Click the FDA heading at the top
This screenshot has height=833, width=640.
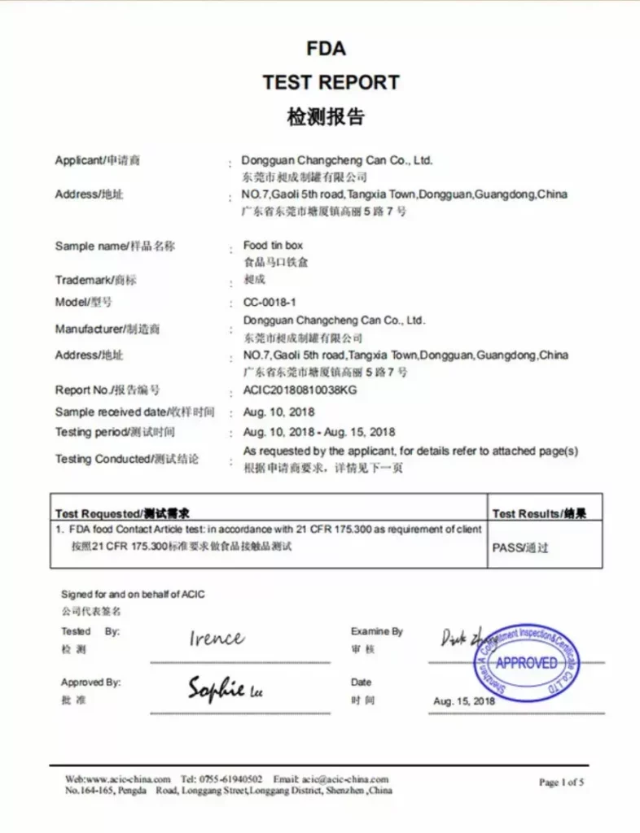point(326,49)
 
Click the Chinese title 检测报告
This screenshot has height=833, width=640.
point(326,117)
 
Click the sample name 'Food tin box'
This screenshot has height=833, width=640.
point(273,246)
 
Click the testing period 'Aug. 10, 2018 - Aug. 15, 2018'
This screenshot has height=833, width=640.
point(319,432)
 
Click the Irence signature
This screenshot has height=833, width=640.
point(216,639)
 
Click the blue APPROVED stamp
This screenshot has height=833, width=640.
point(526,662)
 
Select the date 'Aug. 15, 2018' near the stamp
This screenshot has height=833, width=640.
point(464,701)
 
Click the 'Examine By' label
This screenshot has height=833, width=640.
point(376,631)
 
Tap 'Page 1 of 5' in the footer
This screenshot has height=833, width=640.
point(561,783)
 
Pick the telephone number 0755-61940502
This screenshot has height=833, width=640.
point(232,778)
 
